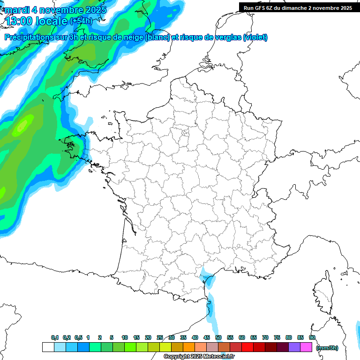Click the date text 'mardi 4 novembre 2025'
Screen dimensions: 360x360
point(55,9)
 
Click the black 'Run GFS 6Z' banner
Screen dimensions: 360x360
point(298,7)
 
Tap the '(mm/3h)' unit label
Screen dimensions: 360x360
point(327,347)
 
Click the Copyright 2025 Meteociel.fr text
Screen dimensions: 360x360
point(199,356)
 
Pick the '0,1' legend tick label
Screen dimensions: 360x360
point(54,337)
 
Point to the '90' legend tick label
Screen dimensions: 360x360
point(312,337)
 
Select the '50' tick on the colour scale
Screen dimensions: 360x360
point(218,337)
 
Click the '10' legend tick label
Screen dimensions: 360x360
point(124,337)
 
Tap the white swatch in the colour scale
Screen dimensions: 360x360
point(48,347)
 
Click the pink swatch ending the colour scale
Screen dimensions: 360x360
point(306,347)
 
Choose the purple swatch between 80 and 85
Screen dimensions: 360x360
point(294,347)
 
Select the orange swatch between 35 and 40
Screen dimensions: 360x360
point(189,347)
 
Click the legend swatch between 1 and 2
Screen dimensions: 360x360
point(95,347)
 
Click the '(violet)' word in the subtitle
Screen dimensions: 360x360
point(256,37)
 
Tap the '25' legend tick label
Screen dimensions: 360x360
point(159,337)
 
